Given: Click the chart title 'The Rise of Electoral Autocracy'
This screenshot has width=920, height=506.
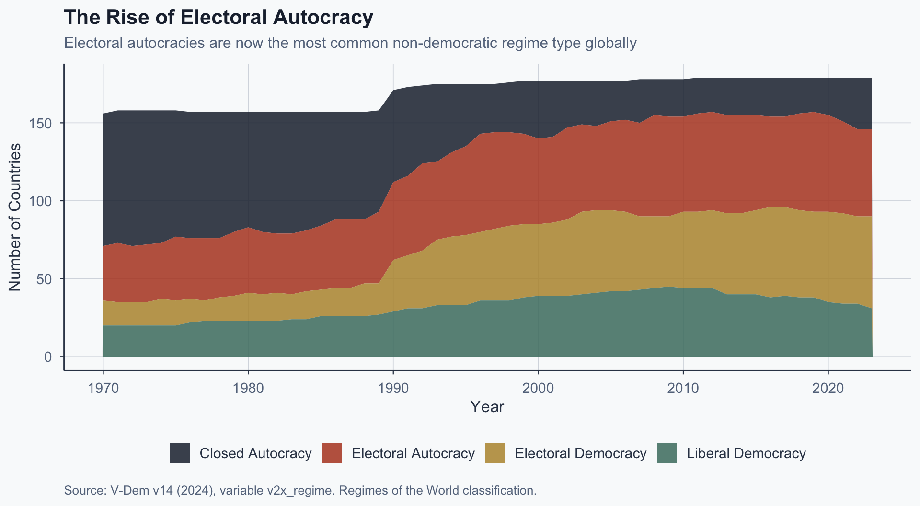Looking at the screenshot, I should (x=218, y=18).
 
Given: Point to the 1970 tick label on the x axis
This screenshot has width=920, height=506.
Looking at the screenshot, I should (x=103, y=388).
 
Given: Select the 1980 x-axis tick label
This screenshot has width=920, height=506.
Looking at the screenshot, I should (x=248, y=388).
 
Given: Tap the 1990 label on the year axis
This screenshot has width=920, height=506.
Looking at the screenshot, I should (x=393, y=388).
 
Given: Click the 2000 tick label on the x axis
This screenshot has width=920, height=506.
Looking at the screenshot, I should (x=538, y=388).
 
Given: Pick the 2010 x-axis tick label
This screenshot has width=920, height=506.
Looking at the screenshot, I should (x=683, y=388).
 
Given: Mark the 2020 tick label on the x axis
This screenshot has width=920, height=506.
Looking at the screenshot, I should (x=828, y=388).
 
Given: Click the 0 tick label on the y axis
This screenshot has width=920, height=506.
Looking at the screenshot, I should (x=48, y=357).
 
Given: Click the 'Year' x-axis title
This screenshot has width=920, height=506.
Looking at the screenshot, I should (x=487, y=407).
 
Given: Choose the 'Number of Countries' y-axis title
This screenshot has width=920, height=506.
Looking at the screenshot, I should (x=15, y=217).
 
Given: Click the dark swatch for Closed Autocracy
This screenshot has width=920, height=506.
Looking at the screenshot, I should (x=180, y=453).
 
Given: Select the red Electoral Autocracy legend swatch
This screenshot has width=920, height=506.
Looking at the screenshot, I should (x=332, y=453).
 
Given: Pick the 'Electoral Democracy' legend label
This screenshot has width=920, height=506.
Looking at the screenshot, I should (x=580, y=453).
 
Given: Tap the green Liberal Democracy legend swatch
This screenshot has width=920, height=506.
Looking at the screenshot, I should (x=667, y=453).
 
